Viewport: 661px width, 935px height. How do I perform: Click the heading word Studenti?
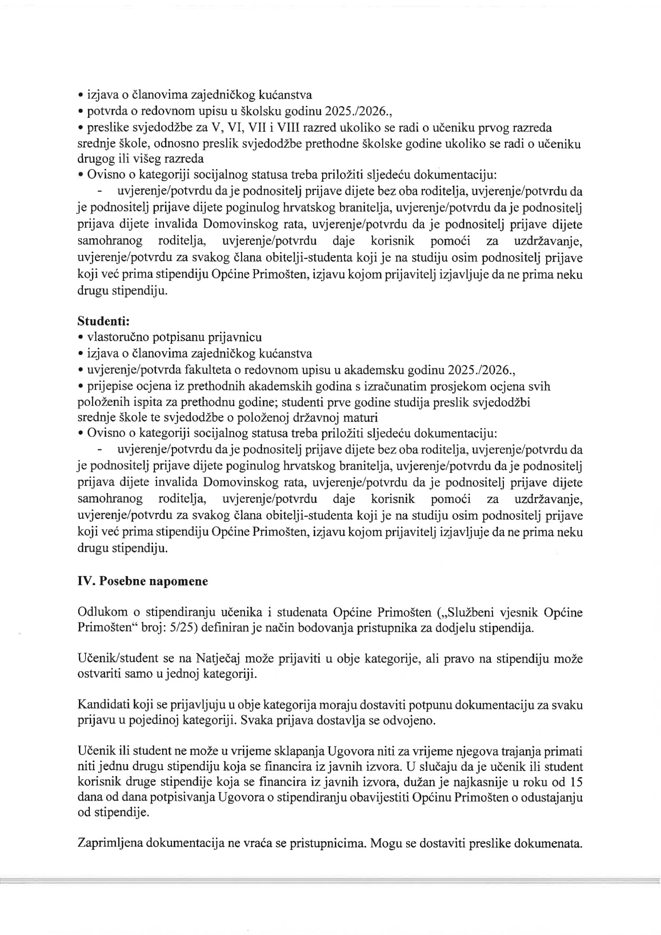point(103,321)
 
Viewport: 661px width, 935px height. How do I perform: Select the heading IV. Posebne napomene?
point(142,581)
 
